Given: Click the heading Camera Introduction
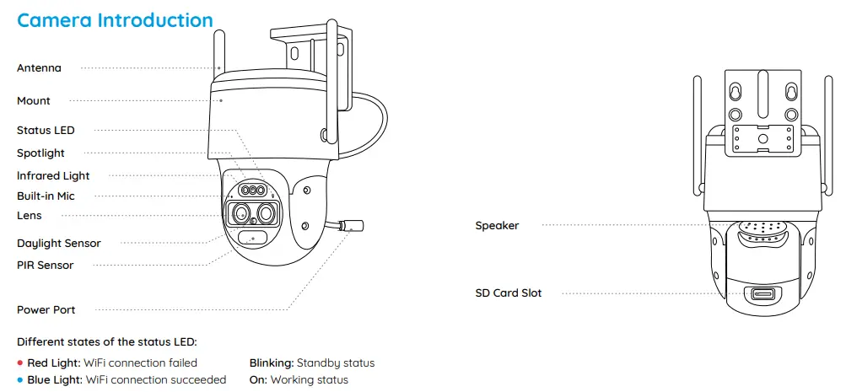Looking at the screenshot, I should pyautogui.click(x=115, y=20).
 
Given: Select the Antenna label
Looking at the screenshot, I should pyautogui.click(x=39, y=67).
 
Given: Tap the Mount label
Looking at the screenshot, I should pyautogui.click(x=34, y=100).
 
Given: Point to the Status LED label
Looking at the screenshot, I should pyautogui.click(x=46, y=131).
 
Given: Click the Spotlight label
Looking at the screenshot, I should pyautogui.click(x=40, y=153).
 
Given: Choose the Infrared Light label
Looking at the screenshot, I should pyautogui.click(x=53, y=176).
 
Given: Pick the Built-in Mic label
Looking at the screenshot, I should pyautogui.click(x=46, y=196).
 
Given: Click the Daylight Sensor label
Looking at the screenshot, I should pyautogui.click(x=59, y=244).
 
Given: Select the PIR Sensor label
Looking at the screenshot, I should pyautogui.click(x=45, y=266).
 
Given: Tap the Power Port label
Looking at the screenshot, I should pyautogui.click(x=46, y=310).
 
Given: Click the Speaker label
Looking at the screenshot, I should pyautogui.click(x=497, y=226).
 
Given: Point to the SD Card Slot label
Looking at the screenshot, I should pyautogui.click(x=509, y=293).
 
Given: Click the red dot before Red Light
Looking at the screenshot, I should pyautogui.click(x=21, y=363).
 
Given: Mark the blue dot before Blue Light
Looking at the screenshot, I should pyautogui.click(x=21, y=380).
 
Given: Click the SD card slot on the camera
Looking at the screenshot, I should pyautogui.click(x=762, y=294).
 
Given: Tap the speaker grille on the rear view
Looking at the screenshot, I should pyautogui.click(x=761, y=228).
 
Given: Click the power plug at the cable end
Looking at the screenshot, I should pyautogui.click(x=352, y=226).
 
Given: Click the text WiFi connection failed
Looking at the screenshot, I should pyautogui.click(x=141, y=363).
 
